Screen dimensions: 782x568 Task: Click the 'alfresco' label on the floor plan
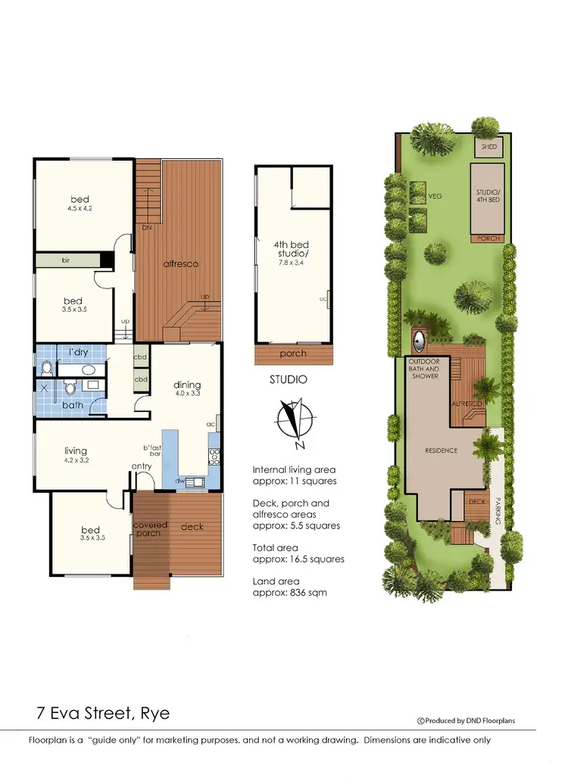[180, 263]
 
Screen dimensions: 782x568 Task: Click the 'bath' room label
[73, 406]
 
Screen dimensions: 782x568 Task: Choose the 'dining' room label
[186, 385]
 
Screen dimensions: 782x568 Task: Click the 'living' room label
[76, 451]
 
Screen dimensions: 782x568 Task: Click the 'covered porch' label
[150, 529]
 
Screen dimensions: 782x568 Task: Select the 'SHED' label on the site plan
[489, 146]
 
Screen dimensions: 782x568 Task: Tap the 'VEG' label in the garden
[435, 196]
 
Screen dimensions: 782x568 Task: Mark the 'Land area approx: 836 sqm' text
[290, 587]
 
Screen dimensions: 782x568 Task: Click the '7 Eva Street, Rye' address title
[104, 713]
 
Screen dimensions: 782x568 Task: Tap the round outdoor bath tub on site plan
[419, 338]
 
